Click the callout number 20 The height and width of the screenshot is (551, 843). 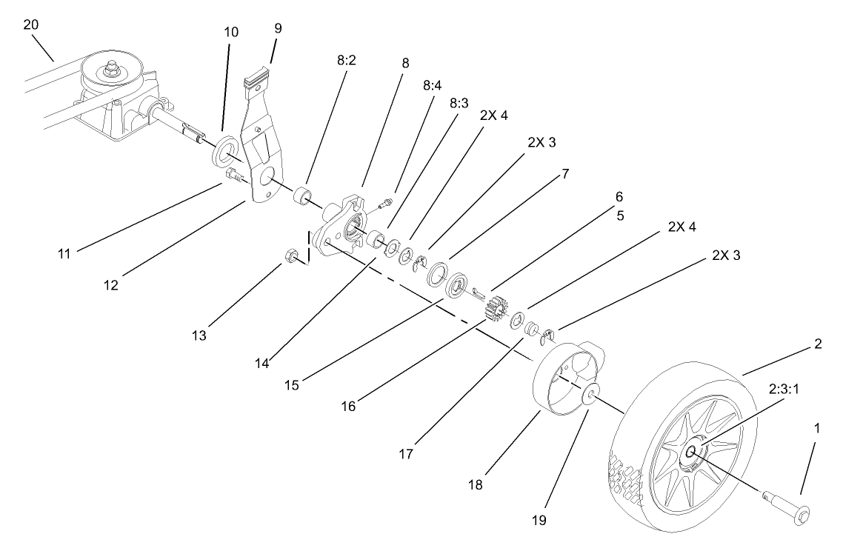(30, 24)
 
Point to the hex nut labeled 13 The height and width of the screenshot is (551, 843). (291, 256)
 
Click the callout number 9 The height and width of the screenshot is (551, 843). (278, 29)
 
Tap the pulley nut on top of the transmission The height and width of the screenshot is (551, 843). (113, 69)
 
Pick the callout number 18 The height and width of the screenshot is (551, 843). (475, 485)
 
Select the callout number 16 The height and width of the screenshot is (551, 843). (347, 406)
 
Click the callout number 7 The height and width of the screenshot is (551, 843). (565, 174)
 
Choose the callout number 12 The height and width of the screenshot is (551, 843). (111, 283)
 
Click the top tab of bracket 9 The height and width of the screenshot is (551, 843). (256, 76)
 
